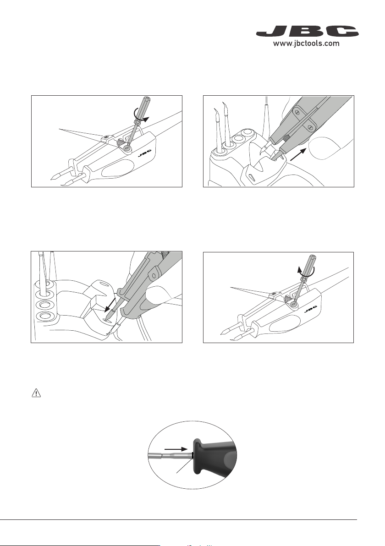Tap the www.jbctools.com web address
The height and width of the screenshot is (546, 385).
pyautogui.click(x=306, y=44)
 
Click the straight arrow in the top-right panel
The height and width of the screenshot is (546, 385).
pyautogui.click(x=298, y=153)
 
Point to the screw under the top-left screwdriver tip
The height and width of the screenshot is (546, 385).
pyautogui.click(x=127, y=147)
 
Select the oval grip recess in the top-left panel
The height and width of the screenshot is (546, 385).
pyautogui.click(x=116, y=173)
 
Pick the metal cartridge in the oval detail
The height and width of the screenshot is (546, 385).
pyautogui.click(x=170, y=454)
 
